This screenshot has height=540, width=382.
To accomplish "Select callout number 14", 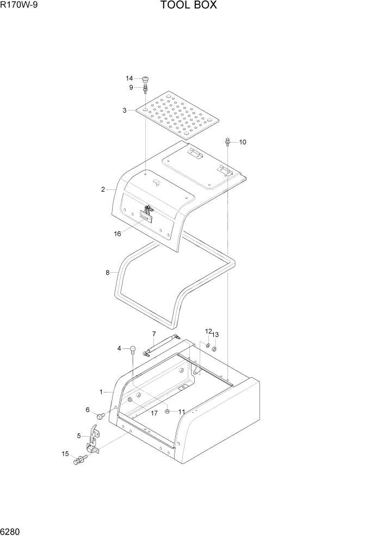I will tap(130, 78).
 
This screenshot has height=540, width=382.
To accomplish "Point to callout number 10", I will tap(243, 142).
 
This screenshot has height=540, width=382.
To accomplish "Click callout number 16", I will tap(117, 234).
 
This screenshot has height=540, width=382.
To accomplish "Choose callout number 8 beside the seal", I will tap(107, 272).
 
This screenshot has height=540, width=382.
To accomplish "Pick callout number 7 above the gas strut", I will tap(154, 333).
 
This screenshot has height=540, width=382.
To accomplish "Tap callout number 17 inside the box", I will tap(154, 413).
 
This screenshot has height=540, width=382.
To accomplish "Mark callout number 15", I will tap(65, 453).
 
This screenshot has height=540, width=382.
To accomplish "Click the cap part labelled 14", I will tap(145, 80).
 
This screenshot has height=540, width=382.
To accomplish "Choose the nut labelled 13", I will tap(214, 349).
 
